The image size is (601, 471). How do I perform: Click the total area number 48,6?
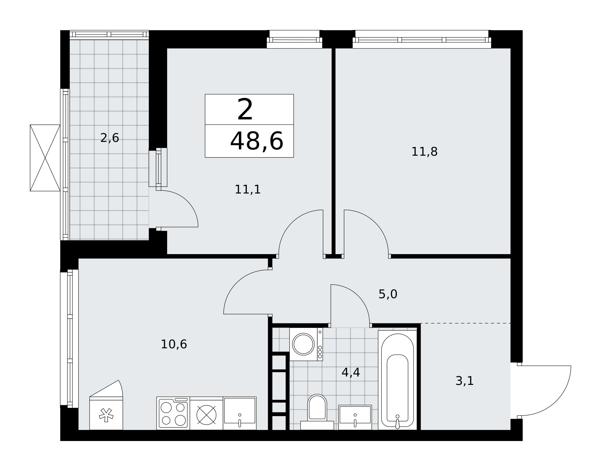coord(257,141)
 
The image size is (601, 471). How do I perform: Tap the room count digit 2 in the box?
coord(245,110)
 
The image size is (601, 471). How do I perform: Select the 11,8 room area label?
coord(424,152)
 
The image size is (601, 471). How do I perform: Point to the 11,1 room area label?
coord(248,190)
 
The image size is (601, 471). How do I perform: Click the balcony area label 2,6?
coord(110,138)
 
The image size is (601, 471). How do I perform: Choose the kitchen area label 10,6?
coord(174,344)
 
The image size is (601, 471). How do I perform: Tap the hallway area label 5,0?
coord(388,294)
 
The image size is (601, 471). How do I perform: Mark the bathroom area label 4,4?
coord(351,373)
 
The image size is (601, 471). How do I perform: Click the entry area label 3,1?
coord(465,381)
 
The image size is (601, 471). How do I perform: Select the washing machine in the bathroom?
coord(306,344)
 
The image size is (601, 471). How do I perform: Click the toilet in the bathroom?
coord(317,412)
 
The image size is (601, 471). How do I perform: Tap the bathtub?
coord(397,380)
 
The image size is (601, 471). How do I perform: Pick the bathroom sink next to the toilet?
coord(355,417)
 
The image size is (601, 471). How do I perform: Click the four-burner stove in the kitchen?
coord(173,413)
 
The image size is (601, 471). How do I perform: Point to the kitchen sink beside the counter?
coord(239,413)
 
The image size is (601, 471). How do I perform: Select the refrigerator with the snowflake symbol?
coord(106,413)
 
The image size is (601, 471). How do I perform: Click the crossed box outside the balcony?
coord(45,158)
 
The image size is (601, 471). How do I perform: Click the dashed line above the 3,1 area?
coord(465,323)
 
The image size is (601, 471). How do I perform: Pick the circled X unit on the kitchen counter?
coord(206,415)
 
